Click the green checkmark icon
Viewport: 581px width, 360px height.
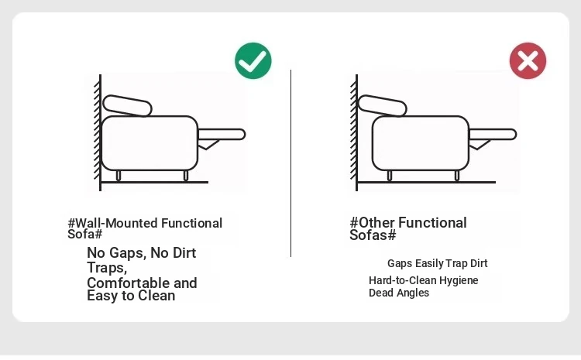coord(253,60)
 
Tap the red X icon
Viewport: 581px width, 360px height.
coord(528,60)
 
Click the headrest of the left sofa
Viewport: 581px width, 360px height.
coord(128,106)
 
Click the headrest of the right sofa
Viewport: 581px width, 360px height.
coord(383,106)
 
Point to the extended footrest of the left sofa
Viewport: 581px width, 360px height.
coord(222,135)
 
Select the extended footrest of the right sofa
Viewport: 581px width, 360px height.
coord(493,135)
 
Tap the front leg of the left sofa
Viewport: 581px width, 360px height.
coord(186,176)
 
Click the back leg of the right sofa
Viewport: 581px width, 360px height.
coord(390,176)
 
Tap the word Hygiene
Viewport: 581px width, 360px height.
coord(459,280)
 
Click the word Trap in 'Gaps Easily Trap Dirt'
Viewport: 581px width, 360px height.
coord(456,263)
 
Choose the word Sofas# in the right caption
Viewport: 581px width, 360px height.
coord(373,235)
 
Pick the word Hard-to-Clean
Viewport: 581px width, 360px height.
coord(403,280)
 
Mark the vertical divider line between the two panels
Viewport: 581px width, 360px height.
coord(290,163)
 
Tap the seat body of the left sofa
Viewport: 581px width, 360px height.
coord(150,143)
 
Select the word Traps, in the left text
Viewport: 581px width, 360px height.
coord(107,268)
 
